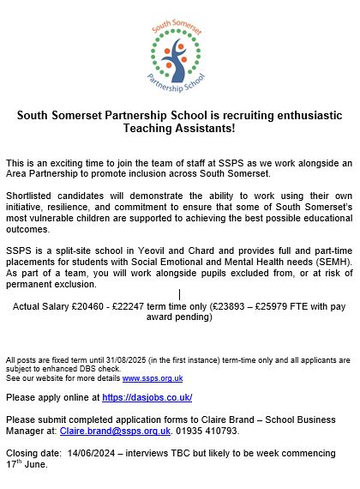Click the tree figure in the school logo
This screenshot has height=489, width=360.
point(180,57)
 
